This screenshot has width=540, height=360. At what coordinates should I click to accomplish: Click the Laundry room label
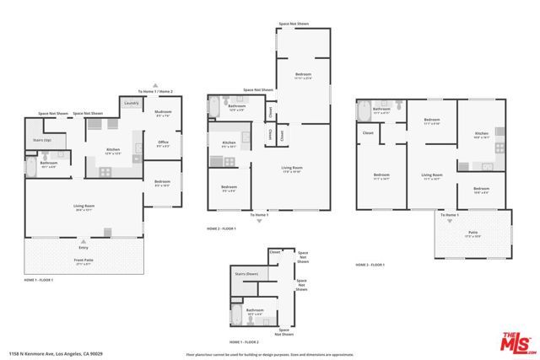pyautogui.click(x=132, y=104)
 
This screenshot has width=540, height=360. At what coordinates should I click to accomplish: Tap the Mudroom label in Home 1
pyautogui.click(x=164, y=112)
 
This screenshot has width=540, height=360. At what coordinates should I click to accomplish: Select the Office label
pyautogui.click(x=164, y=142)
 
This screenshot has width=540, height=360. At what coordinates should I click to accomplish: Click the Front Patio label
pyautogui.click(x=84, y=262)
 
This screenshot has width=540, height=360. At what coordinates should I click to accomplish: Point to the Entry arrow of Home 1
pyautogui.click(x=84, y=239)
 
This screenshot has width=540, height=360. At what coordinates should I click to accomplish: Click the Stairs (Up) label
pyautogui.click(x=42, y=139)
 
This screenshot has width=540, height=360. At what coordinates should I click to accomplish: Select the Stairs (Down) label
pyautogui.click(x=246, y=274)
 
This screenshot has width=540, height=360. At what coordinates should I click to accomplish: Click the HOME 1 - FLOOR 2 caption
pyautogui.click(x=245, y=342)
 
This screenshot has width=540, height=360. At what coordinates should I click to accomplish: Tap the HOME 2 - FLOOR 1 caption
pyautogui.click(x=222, y=228)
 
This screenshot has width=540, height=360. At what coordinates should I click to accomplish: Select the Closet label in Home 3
pyautogui.click(x=368, y=132)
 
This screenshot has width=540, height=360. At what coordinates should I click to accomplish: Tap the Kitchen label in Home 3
pyautogui.click(x=481, y=133)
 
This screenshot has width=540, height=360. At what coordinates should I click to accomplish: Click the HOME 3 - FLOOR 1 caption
pyautogui.click(x=370, y=266)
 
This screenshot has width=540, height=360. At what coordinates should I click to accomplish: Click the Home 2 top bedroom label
pyautogui.click(x=302, y=75)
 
